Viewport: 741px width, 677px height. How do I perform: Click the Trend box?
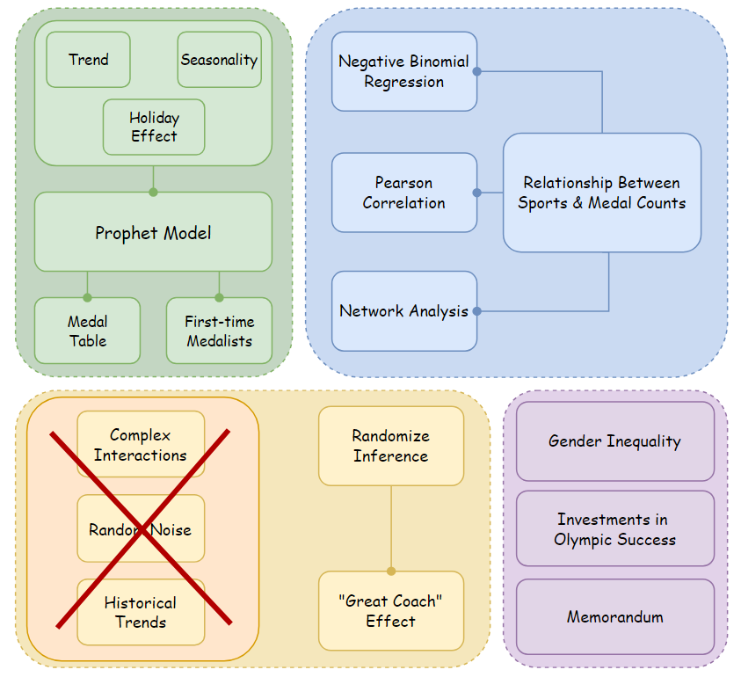pyautogui.click(x=88, y=60)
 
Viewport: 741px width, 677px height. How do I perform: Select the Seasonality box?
pyautogui.click(x=219, y=60)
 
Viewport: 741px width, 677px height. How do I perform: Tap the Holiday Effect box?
pyautogui.click(x=154, y=127)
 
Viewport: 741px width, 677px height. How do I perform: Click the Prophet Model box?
pyautogui.click(x=153, y=232)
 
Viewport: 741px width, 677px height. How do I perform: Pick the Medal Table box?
pyautogui.click(x=87, y=331)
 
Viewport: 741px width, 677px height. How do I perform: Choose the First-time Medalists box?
pyautogui.click(x=219, y=331)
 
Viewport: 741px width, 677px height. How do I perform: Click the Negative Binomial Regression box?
pyautogui.click(x=404, y=71)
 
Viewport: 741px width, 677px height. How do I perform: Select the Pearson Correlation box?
pyautogui.click(x=404, y=193)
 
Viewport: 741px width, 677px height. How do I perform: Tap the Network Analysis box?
pyautogui.click(x=404, y=310)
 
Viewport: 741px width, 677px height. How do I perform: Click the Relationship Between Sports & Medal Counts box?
pyautogui.click(x=602, y=193)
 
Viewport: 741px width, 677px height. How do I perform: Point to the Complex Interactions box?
pyautogui.click(x=141, y=445)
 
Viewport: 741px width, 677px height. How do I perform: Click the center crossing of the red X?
pyautogui.click(x=143, y=528)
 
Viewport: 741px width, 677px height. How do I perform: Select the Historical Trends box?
pyautogui.click(x=141, y=612)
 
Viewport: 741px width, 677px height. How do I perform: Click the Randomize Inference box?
pyautogui.click(x=391, y=446)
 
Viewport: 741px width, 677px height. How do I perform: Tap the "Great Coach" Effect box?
pyautogui.click(x=391, y=611)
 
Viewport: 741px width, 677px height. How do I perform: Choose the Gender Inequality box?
pyautogui.click(x=614, y=441)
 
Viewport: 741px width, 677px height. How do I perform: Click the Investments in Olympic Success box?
pyautogui.click(x=614, y=528)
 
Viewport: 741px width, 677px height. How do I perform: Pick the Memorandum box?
pyautogui.click(x=614, y=616)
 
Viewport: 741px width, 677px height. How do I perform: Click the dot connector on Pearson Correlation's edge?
pyautogui.click(x=477, y=193)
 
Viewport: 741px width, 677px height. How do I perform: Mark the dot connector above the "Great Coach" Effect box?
pyautogui.click(x=391, y=571)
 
